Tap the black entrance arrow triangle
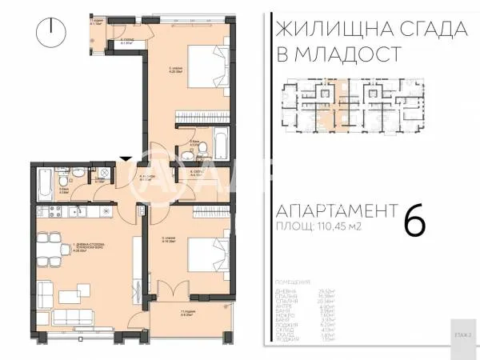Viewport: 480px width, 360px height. pyautogui.click(x=122, y=160)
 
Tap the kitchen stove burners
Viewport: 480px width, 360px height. pyautogui.click(x=55, y=210)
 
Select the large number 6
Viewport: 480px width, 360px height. pyautogui.click(x=415, y=219)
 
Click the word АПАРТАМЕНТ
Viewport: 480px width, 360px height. pyautogui.click(x=336, y=211)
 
